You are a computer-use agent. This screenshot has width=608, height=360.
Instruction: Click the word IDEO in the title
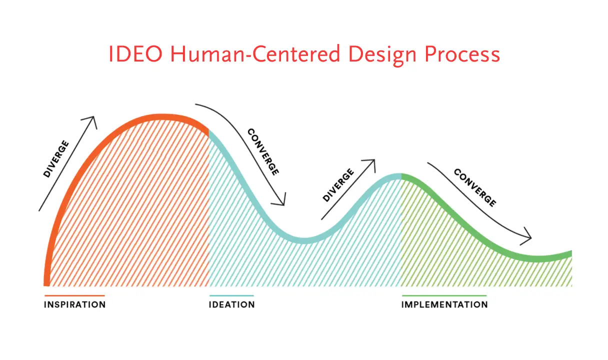pos(135,54)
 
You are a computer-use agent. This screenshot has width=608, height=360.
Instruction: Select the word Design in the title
pos(382,55)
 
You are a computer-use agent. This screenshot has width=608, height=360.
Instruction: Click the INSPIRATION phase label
pos(74,304)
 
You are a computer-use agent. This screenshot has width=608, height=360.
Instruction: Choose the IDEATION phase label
pos(232,304)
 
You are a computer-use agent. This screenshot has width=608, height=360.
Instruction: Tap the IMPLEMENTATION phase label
pos(444,304)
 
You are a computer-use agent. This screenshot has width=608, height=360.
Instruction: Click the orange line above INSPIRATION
pos(74,295)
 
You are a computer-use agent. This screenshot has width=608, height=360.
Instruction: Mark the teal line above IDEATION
pos(231,295)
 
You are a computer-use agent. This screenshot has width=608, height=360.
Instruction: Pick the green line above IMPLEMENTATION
pos(444,295)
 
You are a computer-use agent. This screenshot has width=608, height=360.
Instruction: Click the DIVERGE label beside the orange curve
pos(56,159)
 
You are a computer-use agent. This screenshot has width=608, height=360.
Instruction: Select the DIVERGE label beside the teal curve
pos(338,185)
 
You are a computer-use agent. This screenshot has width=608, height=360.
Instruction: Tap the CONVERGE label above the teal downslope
pos(263,152)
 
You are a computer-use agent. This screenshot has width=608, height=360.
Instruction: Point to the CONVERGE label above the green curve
pos(475,187)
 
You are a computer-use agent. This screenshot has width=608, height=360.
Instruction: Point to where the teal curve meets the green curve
pos(401,176)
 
